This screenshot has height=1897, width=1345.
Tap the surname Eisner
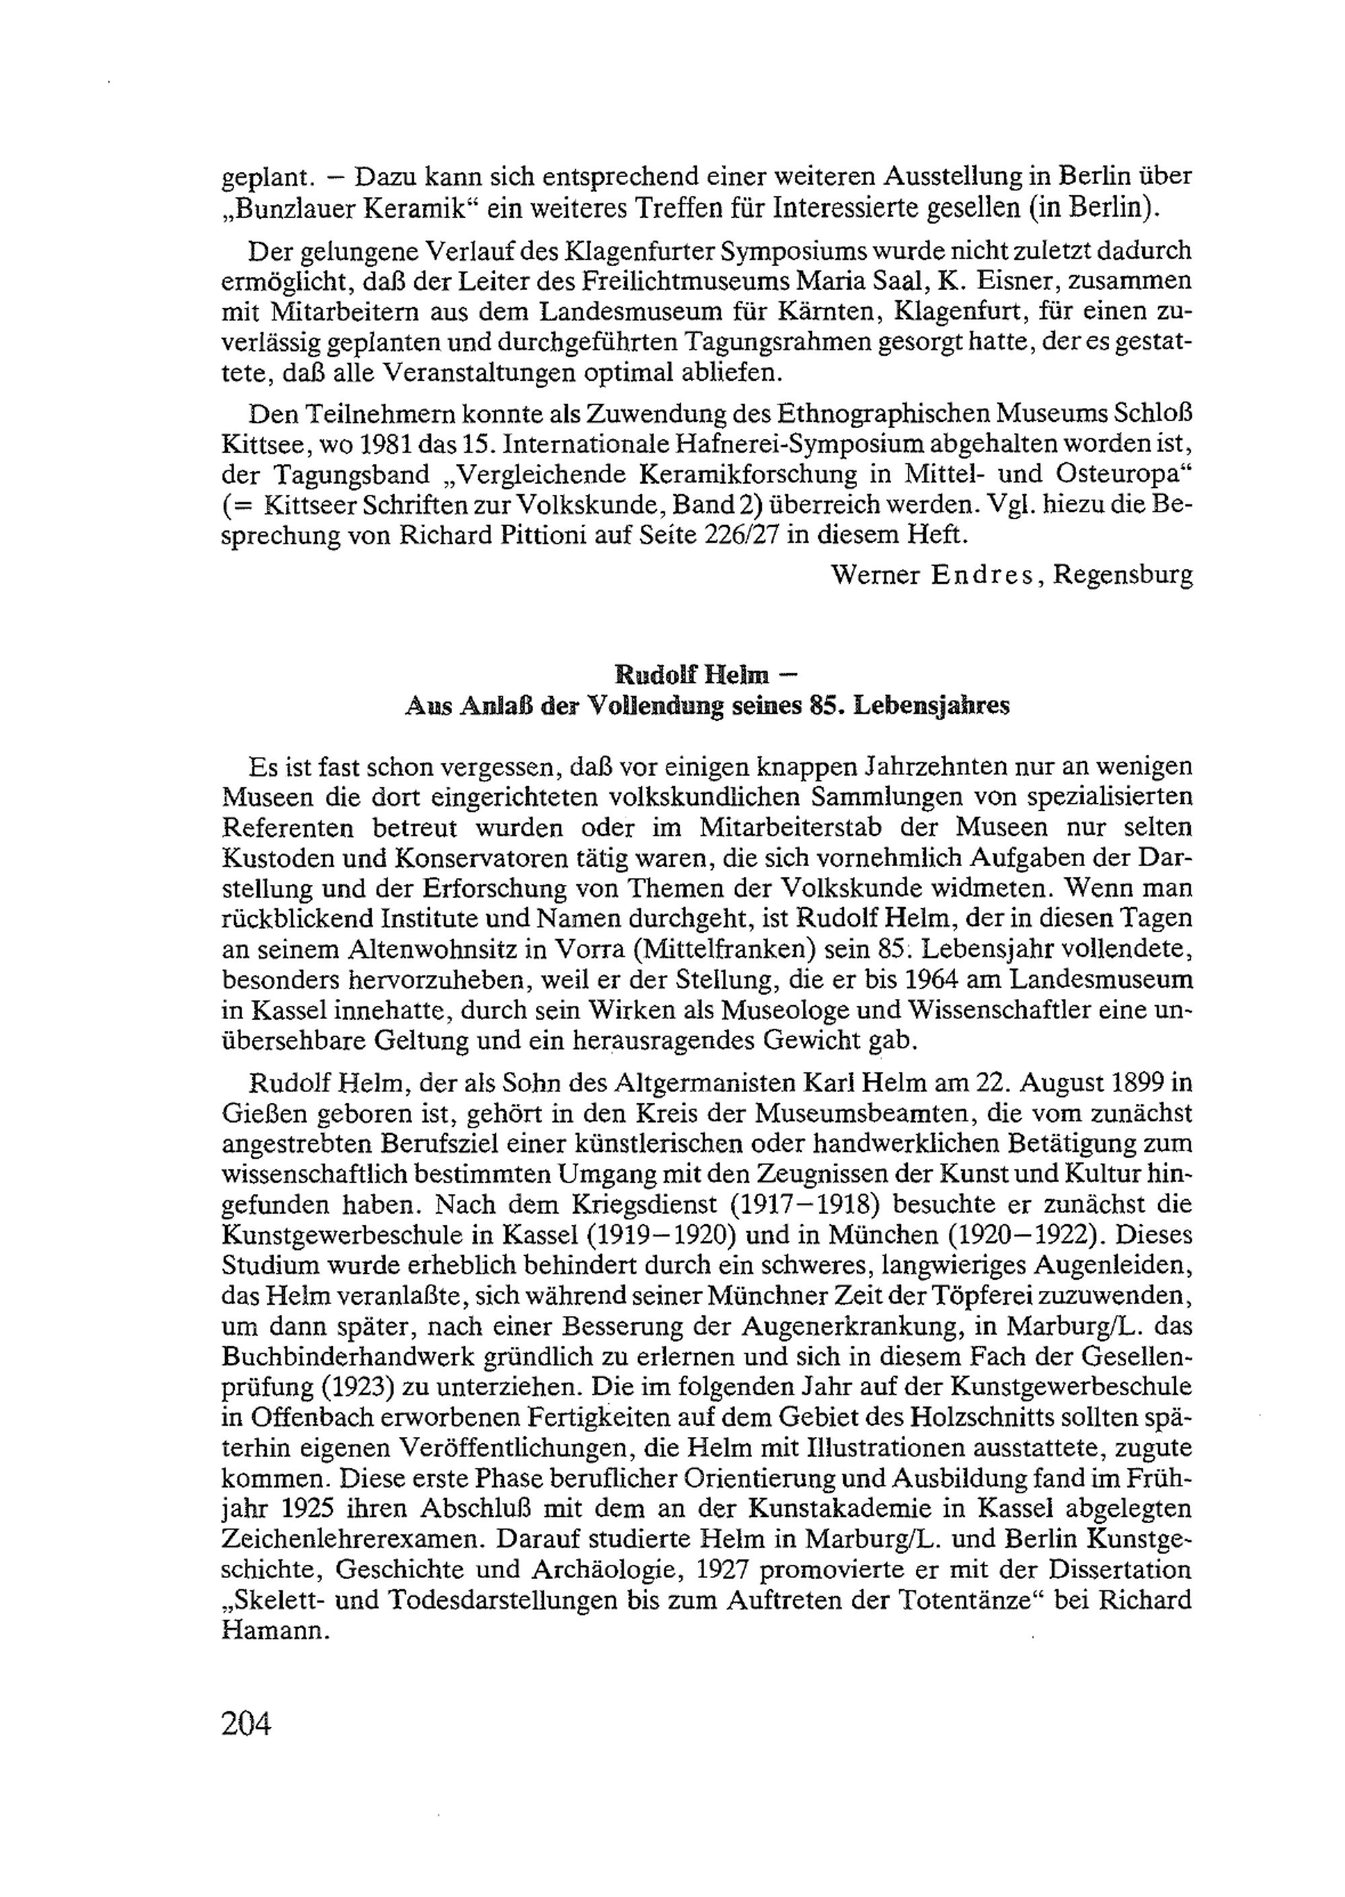(1009, 280)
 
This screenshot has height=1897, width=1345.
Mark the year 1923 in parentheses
(347, 1387)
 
